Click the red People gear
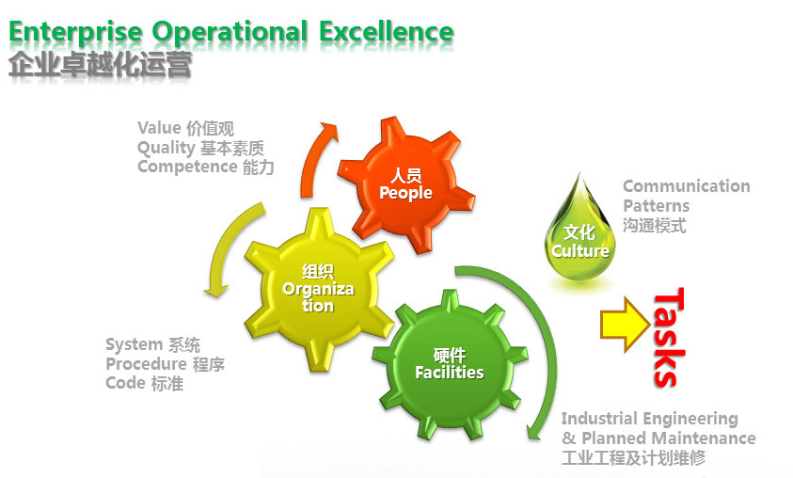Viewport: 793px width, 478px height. coord(405,185)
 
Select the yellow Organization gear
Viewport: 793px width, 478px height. coord(319,289)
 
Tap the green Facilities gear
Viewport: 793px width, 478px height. coord(450,364)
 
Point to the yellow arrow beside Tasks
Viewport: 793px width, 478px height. coord(626,325)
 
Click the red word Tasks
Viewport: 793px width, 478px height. coord(669,338)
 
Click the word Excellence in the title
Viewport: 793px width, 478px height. coord(386,32)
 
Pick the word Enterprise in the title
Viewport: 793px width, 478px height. coord(75,33)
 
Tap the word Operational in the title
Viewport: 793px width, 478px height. coord(230,33)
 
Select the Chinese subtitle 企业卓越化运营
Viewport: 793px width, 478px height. coord(100,65)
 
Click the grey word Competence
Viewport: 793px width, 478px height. coord(187,167)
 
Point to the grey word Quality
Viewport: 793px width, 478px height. coord(166,149)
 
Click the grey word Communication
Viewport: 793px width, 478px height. coord(687,186)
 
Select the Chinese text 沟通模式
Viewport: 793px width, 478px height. coord(655,225)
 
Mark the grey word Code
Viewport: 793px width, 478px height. coord(125,383)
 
